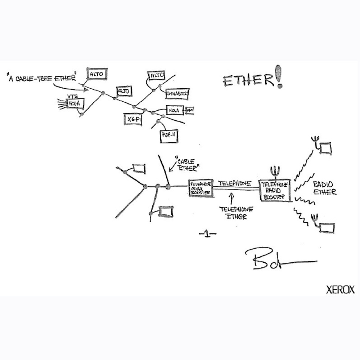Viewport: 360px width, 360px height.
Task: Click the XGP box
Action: (132, 119)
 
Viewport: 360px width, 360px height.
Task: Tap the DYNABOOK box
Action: (177, 94)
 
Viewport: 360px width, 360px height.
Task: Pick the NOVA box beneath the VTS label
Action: (76, 104)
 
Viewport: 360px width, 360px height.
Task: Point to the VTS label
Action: (72, 96)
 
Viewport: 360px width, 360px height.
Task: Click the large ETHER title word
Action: (248, 81)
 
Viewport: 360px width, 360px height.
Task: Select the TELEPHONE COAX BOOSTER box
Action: (201, 188)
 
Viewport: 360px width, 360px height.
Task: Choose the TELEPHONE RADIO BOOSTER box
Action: (276, 190)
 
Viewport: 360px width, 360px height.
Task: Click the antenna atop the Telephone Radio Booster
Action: (275, 172)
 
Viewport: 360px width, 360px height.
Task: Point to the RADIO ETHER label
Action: (324, 188)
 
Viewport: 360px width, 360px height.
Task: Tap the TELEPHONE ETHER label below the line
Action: (236, 213)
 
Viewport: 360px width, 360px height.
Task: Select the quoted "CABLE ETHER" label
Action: (186, 165)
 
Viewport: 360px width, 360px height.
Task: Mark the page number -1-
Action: (207, 234)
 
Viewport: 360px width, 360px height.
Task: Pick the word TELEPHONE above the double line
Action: (235, 183)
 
